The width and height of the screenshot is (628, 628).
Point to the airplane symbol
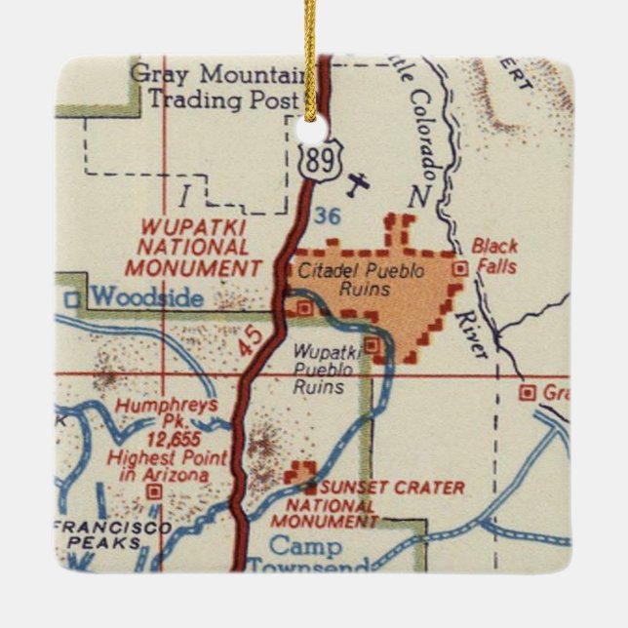359,182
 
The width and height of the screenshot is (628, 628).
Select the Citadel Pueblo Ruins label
344,280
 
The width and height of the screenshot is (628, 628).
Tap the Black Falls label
494,255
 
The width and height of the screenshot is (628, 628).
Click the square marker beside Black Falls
461,265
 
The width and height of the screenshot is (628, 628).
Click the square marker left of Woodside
72,299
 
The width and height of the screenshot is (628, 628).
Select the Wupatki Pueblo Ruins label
326,370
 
